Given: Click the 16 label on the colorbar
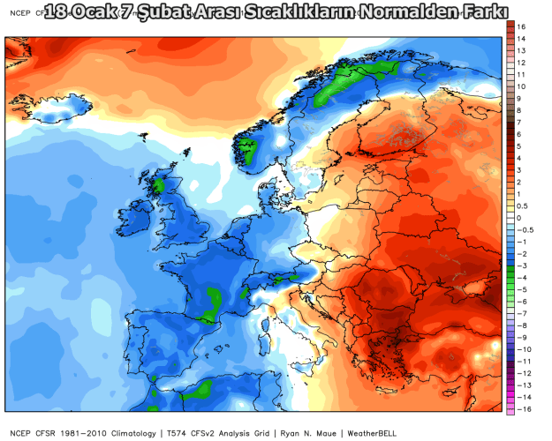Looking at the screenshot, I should [522, 27].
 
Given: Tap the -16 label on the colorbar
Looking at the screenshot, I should [524, 409].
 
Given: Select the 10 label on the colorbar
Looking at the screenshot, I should [522, 86].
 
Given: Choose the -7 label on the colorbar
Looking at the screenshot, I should [523, 313].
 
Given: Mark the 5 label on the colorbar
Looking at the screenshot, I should [520, 146].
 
